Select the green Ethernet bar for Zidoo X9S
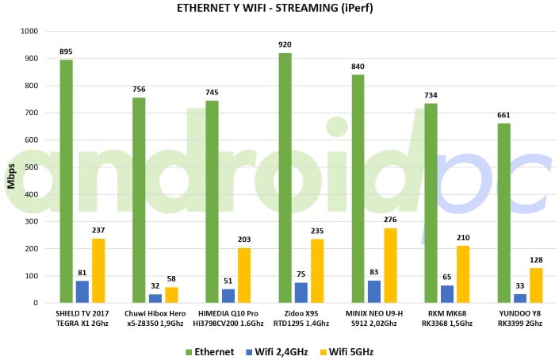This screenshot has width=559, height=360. (x=285, y=178)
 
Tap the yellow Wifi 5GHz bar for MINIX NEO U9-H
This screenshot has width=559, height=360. (x=390, y=266)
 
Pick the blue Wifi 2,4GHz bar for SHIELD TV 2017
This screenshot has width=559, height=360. (x=82, y=292)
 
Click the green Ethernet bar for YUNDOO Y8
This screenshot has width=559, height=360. (x=503, y=213)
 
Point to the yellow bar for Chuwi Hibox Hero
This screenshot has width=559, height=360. (x=171, y=295)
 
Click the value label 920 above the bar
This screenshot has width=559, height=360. (x=285, y=45)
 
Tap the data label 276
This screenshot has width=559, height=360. (x=390, y=220)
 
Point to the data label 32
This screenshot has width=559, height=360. (x=155, y=286)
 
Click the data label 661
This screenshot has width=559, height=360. (x=503, y=116)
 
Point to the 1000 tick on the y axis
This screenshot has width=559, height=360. (x=29, y=32)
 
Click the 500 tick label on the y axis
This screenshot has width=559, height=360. (x=32, y=167)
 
